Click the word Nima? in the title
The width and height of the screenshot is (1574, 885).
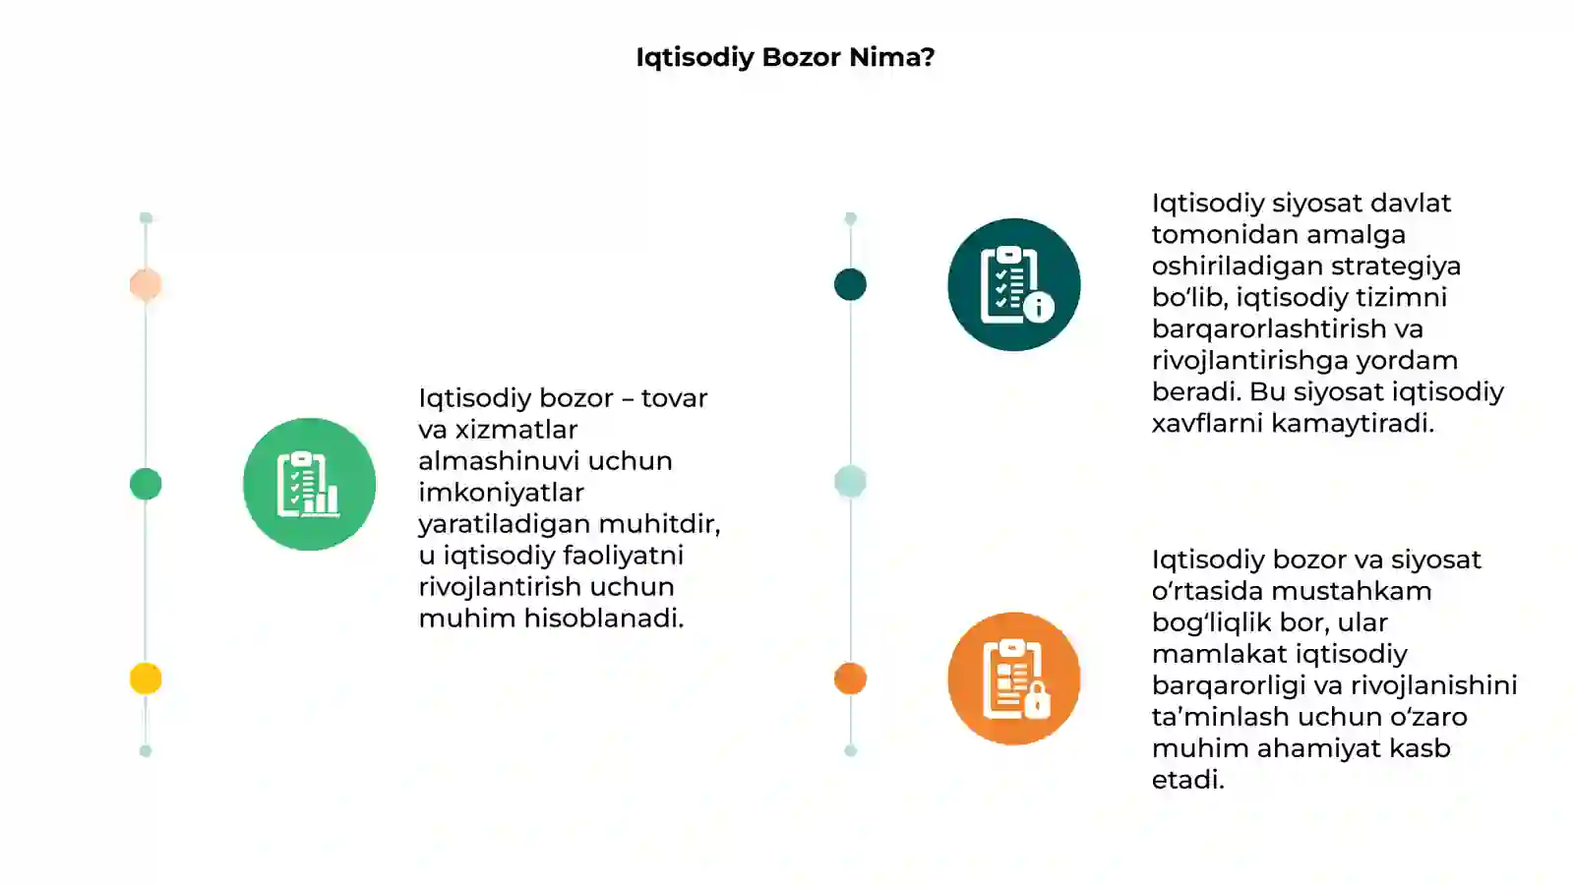pyautogui.click(x=891, y=57)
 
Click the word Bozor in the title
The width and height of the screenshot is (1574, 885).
pyautogui.click(x=801, y=57)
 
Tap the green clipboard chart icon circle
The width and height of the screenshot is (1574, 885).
pyautogui.click(x=309, y=484)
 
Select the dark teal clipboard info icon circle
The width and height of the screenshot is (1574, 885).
pyautogui.click(x=1014, y=284)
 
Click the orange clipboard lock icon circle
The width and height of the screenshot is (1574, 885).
pyautogui.click(x=1014, y=678)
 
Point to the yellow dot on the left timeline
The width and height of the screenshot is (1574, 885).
pyautogui.click(x=146, y=678)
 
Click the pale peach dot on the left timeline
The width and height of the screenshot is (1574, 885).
pyautogui.click(x=146, y=284)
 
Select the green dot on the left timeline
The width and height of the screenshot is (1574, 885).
pyautogui.click(x=146, y=484)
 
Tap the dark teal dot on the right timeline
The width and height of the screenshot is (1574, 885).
pyautogui.click(x=850, y=284)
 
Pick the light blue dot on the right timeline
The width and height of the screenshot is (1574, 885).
pyautogui.click(x=850, y=482)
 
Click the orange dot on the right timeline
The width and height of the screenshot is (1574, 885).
pyautogui.click(x=850, y=678)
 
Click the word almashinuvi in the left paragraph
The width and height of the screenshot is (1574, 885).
pyautogui.click(x=500, y=461)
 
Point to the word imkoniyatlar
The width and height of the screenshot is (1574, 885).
pyautogui.click(x=501, y=493)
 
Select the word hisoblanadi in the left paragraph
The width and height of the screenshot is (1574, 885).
pyautogui.click(x=602, y=619)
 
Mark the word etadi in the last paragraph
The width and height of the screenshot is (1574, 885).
pyautogui.click(x=1186, y=781)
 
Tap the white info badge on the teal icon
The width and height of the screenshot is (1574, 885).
pyautogui.click(x=1039, y=307)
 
